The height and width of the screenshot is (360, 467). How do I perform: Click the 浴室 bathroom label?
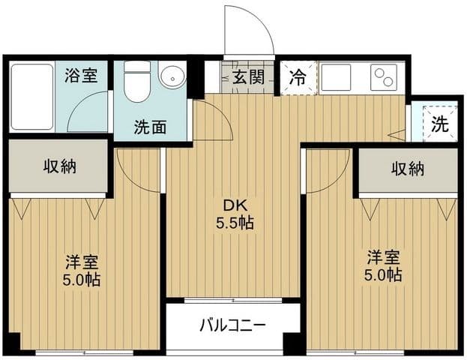81,75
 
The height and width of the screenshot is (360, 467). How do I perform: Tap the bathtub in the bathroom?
32,97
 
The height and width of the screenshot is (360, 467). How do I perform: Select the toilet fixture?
136,82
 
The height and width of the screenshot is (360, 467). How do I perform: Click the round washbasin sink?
172,76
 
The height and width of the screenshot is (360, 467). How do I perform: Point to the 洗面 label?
150,127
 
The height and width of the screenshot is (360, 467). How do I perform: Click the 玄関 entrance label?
248,77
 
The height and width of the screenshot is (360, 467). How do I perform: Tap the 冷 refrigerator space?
299,78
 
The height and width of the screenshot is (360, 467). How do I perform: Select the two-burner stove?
384,77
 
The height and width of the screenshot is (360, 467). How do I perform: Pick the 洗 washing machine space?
440,123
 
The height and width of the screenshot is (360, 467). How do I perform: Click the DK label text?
235,206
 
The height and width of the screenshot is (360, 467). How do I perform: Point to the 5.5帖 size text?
235,223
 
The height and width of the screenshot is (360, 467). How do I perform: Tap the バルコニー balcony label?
232,325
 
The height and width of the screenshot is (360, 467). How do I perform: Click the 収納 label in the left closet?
60,166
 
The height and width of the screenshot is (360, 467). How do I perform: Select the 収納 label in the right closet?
408,169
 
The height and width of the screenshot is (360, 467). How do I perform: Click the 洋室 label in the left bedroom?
82,262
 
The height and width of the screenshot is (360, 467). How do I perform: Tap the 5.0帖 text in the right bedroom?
383,275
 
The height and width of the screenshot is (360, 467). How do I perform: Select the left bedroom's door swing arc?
129,178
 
